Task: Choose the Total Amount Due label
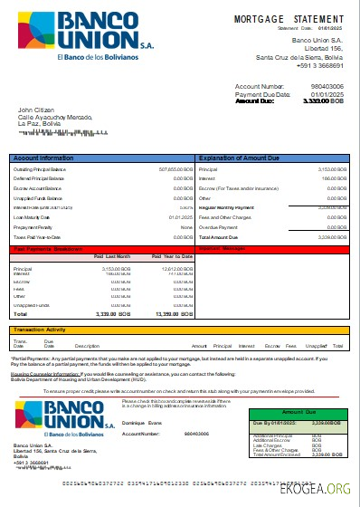click(x=222, y=236)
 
